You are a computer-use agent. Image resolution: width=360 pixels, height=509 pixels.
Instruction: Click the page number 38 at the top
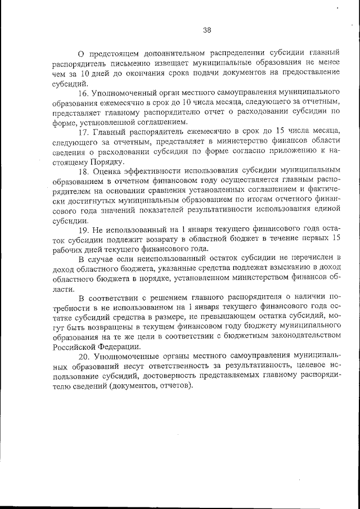pyautogui.click(x=206, y=30)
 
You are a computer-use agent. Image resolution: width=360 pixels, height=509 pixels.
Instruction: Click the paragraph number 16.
pyautogui.click(x=84, y=92)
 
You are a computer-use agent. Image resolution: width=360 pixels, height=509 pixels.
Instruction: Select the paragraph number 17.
pyautogui.click(x=84, y=133)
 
